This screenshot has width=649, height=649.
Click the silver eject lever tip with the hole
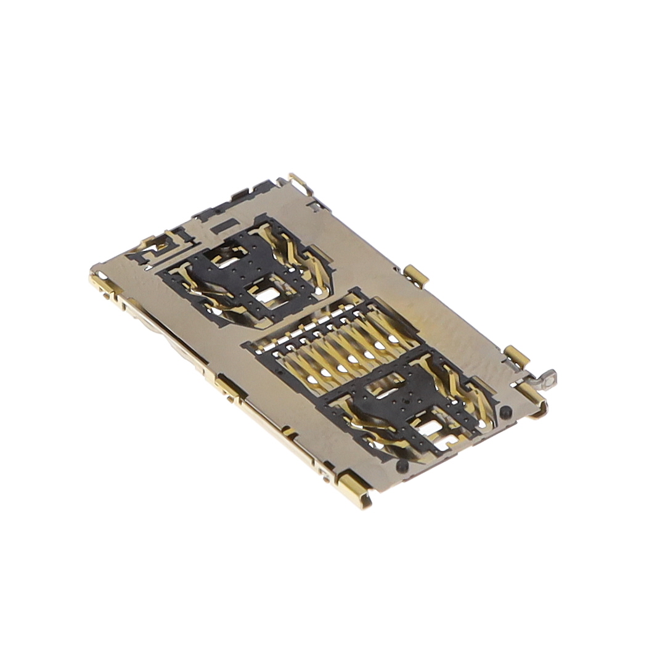pos(547,378)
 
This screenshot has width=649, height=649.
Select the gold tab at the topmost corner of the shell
pos(300,182)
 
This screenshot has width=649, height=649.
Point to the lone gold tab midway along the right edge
pos(416,275)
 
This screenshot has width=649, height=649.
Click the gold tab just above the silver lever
pos(515,356)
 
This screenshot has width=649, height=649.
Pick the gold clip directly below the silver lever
pos(533,401)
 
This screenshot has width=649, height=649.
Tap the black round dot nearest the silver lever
pos(505,412)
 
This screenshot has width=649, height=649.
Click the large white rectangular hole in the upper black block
pos(267,295)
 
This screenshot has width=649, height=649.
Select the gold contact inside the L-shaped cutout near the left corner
pos(151,251)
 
